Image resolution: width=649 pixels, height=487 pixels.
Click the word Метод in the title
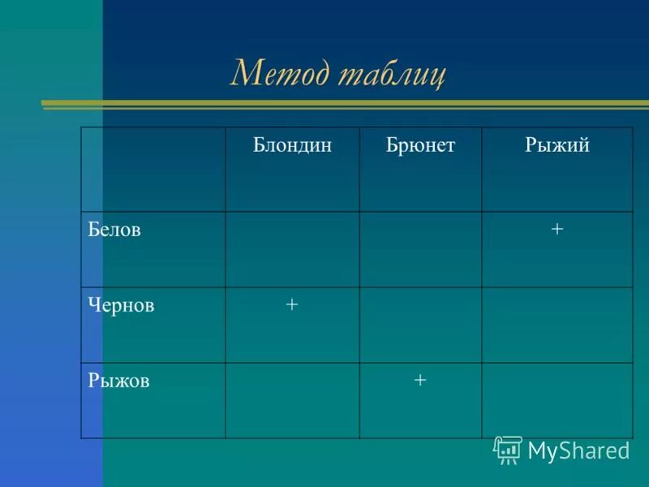coord(280,74)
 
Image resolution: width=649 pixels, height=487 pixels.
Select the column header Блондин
coord(292,146)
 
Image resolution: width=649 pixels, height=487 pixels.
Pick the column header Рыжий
coord(557,146)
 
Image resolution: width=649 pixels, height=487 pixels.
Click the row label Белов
coord(114,230)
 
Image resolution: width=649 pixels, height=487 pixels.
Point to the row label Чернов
coord(122,305)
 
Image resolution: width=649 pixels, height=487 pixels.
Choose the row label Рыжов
coord(118,381)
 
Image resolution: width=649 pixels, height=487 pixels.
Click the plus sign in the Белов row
coord(557,230)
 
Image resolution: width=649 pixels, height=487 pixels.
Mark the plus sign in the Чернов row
coord(292,304)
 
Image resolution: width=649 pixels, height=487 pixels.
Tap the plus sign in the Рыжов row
coord(419,380)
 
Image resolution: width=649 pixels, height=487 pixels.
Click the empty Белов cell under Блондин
coord(292,249)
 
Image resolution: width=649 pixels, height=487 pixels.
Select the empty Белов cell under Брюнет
coord(420,249)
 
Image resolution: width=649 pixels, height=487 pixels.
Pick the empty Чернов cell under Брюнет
coord(420,325)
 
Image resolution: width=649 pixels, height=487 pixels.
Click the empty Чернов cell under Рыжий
coord(557,325)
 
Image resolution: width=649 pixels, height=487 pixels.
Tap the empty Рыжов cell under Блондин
coord(292,400)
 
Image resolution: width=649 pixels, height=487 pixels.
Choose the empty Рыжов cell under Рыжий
coord(557,400)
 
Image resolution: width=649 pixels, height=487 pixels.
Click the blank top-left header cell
coord(153,169)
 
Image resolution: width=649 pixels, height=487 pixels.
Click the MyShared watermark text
coord(578,450)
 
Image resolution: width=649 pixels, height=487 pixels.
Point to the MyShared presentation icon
coord(507,450)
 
